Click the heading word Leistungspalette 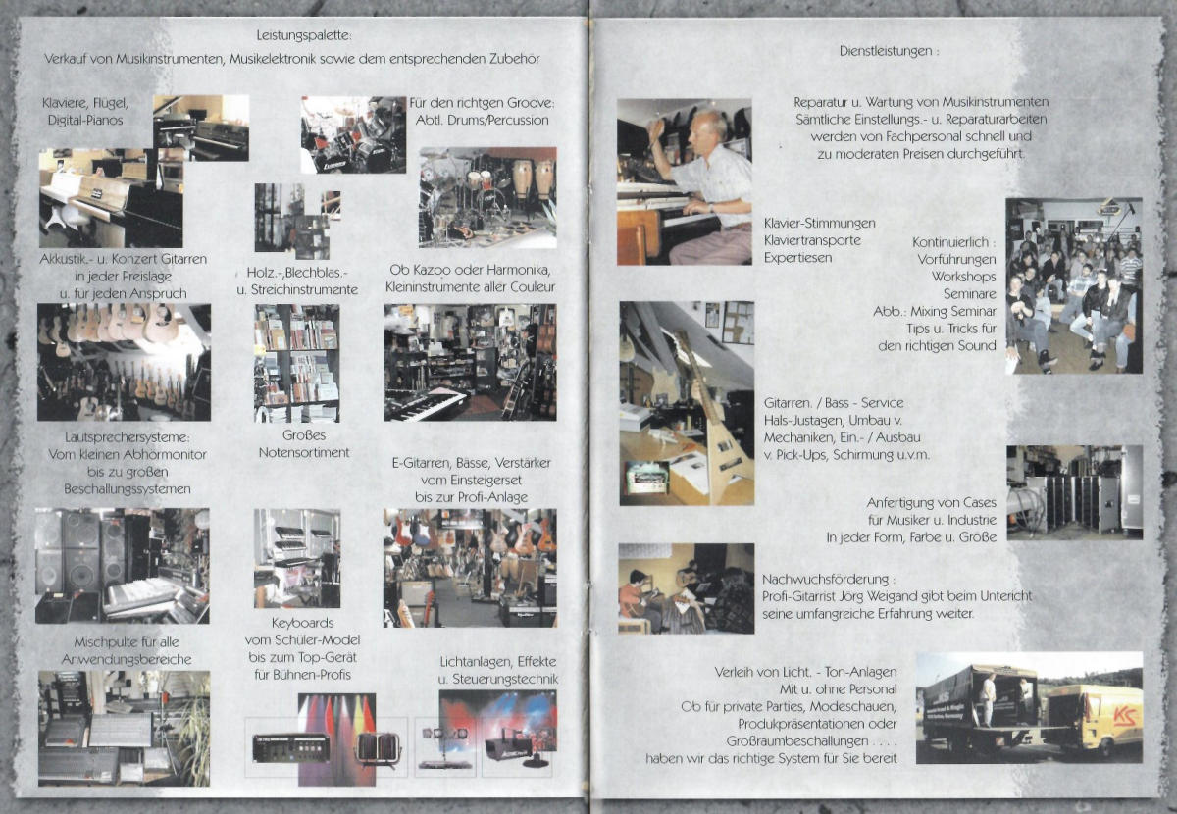click(x=302, y=35)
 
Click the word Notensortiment click(x=304, y=452)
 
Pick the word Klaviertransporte click(x=812, y=240)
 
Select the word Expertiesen click(x=797, y=258)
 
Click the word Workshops click(x=963, y=277)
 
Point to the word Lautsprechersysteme click(x=128, y=437)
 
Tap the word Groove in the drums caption click(x=533, y=103)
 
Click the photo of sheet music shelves click(x=297, y=363)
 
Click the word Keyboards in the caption click(x=303, y=623)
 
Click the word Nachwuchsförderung click(x=825, y=579)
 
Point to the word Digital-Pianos click(x=85, y=121)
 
